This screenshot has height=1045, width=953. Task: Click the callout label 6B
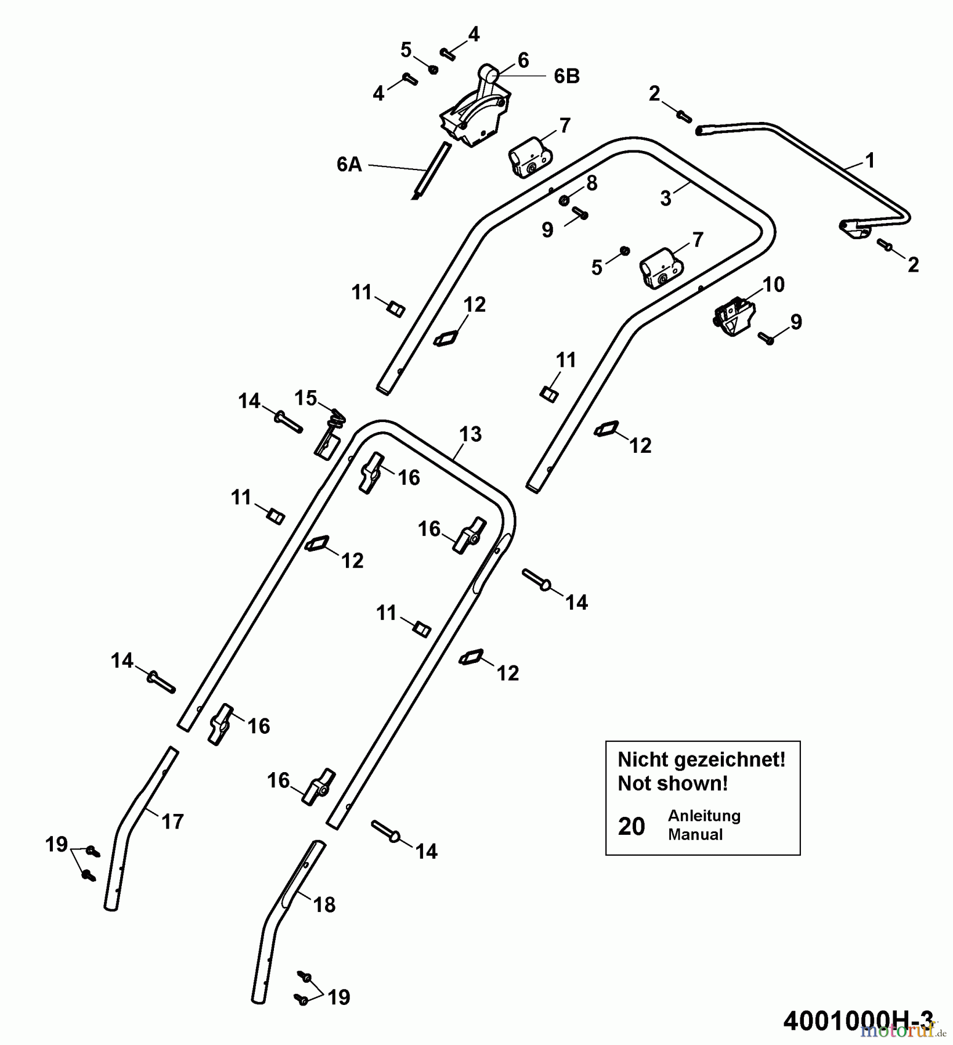(x=566, y=77)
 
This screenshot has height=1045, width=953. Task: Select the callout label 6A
(x=349, y=165)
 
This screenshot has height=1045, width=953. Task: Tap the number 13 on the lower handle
(x=470, y=434)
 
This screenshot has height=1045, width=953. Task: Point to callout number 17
(x=172, y=821)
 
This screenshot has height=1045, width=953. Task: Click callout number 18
(x=324, y=905)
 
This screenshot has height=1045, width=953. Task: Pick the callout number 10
(x=774, y=284)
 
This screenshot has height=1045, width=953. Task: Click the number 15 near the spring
(x=306, y=398)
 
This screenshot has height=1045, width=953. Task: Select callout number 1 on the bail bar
(x=869, y=160)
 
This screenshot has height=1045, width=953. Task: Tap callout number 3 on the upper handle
(x=666, y=199)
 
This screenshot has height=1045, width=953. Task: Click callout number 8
(x=591, y=183)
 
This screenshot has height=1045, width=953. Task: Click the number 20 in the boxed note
(x=631, y=826)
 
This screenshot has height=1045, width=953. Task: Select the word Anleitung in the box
(x=704, y=816)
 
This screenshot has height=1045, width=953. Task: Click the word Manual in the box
(x=695, y=835)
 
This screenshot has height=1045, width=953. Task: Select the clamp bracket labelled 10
(x=733, y=317)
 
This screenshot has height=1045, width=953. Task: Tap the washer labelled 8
(x=564, y=201)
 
